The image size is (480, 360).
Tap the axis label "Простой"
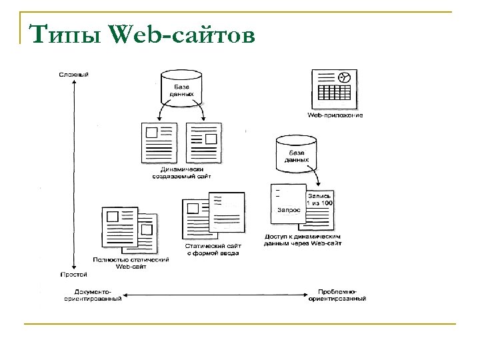[x=74, y=275]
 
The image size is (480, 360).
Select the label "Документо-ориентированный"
[x=93, y=295]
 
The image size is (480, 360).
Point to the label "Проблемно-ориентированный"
[x=336, y=295]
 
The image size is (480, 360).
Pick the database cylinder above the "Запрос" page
[x=296, y=153]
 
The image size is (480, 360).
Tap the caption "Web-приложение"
[x=335, y=115]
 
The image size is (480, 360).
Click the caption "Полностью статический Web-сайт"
[x=131, y=263]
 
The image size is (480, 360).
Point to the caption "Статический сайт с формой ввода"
[x=212, y=249]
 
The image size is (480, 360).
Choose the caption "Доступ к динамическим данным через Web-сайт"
[x=303, y=240]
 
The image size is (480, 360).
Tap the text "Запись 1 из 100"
[x=319, y=199]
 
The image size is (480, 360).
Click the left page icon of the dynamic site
[x=159, y=141]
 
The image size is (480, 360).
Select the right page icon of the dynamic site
[x=204, y=141]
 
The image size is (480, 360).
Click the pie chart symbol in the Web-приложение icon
[x=345, y=77]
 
